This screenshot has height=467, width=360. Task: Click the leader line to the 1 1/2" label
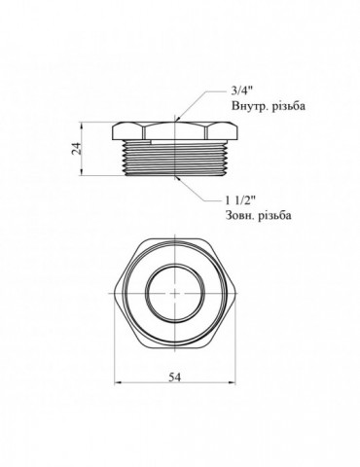[x=195, y=193]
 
